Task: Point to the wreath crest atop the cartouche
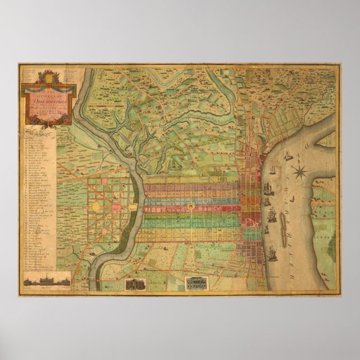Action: click(x=46, y=76)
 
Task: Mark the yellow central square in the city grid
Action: click(x=193, y=207)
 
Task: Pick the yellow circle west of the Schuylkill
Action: click(x=96, y=206)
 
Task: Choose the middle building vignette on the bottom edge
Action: click(x=135, y=283)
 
